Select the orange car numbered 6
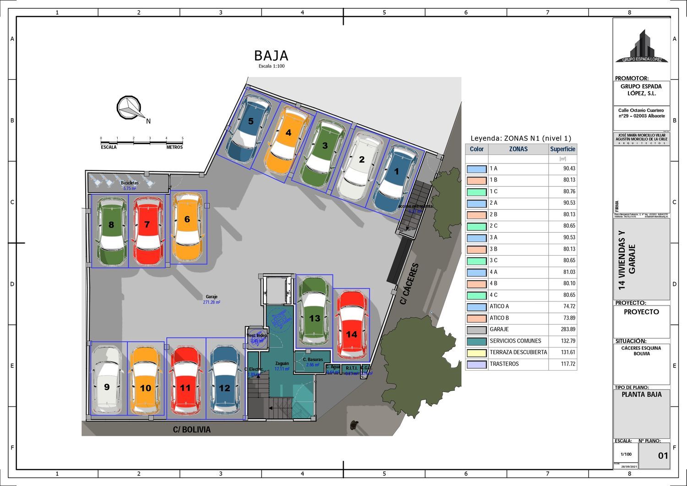tap(187, 227)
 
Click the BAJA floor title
tap(271, 56)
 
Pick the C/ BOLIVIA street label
tap(192, 430)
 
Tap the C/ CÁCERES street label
tap(409, 284)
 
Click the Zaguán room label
tap(282, 363)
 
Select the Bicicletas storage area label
tap(130, 183)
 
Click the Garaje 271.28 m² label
tap(212, 299)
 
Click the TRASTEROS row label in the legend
tap(504, 364)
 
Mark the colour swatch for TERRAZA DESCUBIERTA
tap(476, 353)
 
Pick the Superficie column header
tap(562, 149)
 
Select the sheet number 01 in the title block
tap(663, 456)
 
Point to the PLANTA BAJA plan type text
tap(641, 394)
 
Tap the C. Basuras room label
tap(312, 360)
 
